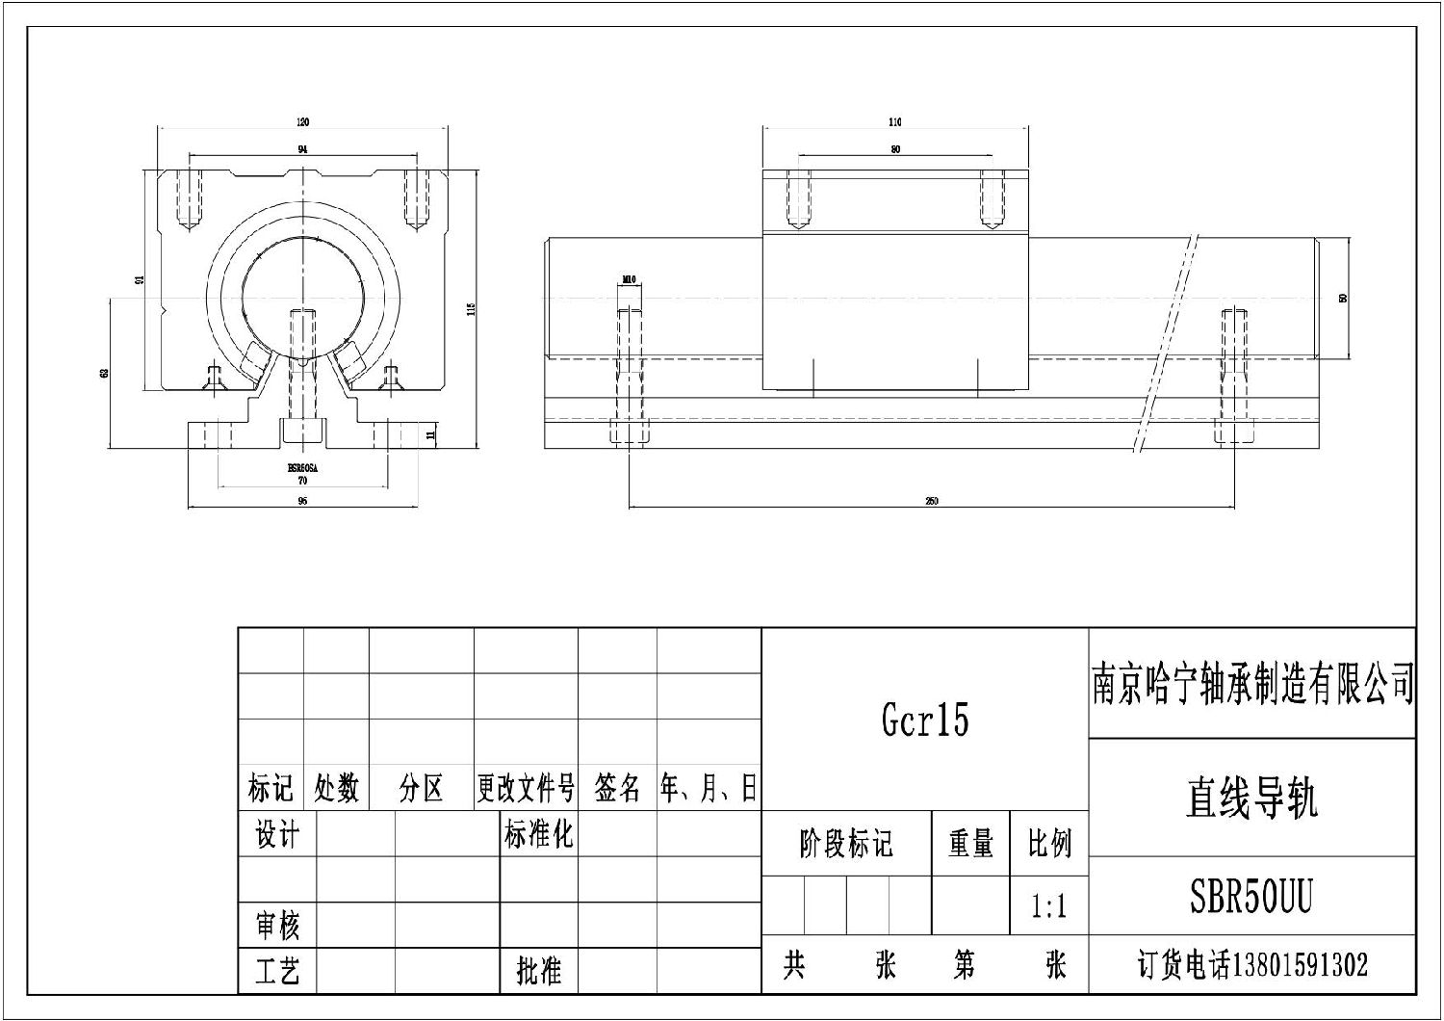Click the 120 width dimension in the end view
(303, 122)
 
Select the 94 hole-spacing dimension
(303, 149)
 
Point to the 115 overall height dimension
(472, 308)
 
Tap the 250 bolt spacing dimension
(931, 501)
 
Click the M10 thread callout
(629, 280)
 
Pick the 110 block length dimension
(895, 122)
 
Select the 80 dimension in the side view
(895, 149)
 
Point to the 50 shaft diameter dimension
(1343, 299)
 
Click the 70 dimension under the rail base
(302, 480)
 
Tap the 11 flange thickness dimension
(431, 435)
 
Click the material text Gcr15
(925, 720)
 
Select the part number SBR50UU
(1251, 896)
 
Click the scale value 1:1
(1048, 906)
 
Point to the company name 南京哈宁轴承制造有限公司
(1251, 684)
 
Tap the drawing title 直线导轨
(1251, 798)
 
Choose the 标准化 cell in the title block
(538, 834)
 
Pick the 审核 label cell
(277, 926)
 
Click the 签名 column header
(617, 789)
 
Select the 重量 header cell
(970, 844)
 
